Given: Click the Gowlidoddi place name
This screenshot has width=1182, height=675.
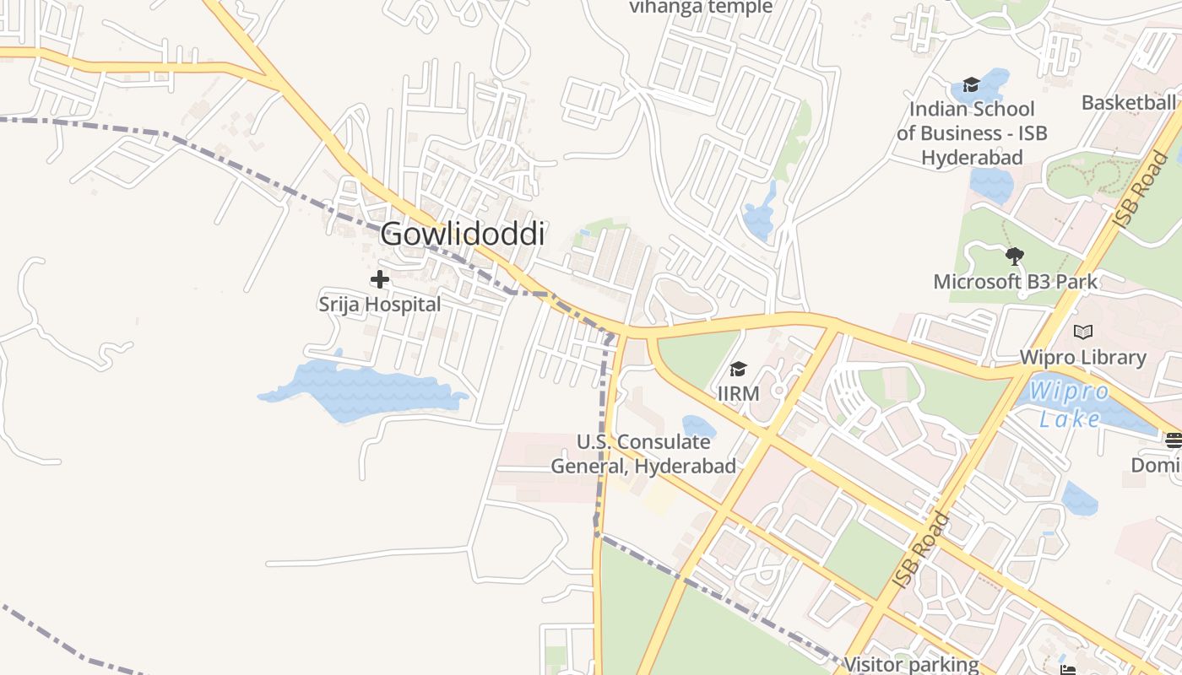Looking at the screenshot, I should point(463,235).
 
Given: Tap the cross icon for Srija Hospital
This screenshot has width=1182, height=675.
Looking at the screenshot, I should point(380,278).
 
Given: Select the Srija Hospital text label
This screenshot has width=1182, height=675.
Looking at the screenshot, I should point(380,304).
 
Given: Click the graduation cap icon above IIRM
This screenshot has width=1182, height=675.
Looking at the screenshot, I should point(738,369).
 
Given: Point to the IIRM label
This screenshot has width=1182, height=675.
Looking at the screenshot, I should point(738,393).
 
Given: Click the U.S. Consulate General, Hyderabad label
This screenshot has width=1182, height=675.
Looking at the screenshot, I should point(643,454).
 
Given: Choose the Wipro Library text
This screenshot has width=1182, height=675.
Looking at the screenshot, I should point(1082,357).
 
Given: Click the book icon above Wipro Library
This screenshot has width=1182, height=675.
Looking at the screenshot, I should point(1082,332).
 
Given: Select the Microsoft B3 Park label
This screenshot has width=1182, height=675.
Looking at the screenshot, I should point(1015,281).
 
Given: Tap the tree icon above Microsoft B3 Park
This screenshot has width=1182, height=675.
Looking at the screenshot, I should point(1015,256).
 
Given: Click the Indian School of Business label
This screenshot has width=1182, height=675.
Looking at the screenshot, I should point(972,133).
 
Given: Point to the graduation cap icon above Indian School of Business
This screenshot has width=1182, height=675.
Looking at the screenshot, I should point(971,84).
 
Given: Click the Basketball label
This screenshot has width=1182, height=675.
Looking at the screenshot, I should point(1129,103).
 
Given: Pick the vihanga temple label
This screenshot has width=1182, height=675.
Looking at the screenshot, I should point(701,8).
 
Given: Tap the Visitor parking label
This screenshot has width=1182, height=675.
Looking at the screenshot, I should point(912,664).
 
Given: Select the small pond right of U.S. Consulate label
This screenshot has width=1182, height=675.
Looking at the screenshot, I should point(698,427).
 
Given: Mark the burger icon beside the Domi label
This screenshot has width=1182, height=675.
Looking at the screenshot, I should point(1173,440).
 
